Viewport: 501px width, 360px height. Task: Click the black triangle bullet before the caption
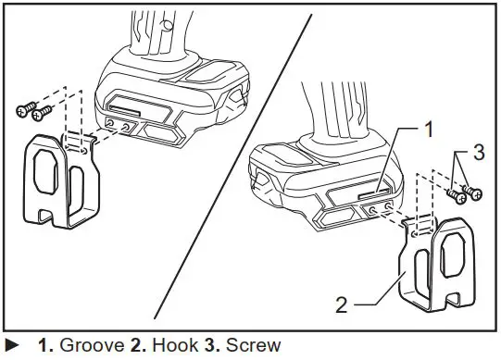pyautogui.click(x=13, y=346)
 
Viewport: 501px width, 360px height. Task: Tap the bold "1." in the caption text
pyautogui.click(x=44, y=346)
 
